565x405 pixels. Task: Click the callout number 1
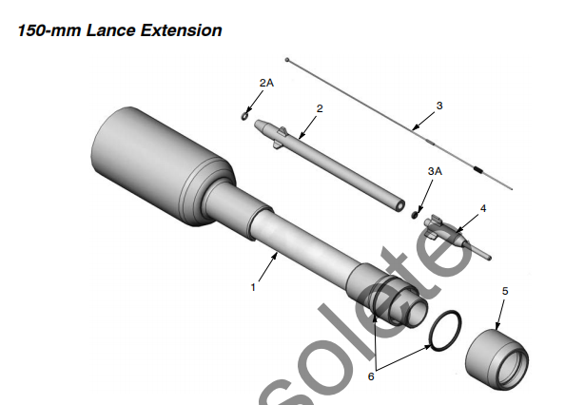pos(253,285)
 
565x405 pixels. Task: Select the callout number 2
pos(320,108)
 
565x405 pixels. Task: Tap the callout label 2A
pos(266,84)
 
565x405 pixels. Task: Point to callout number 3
pos(439,105)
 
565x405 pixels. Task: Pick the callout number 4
pos(483,206)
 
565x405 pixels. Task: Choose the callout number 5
pos(505,290)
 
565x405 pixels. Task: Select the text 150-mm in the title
pos(45,30)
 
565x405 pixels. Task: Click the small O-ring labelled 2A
pos(244,116)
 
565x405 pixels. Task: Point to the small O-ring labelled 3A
pos(416,214)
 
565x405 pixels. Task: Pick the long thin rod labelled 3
pos(399,119)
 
